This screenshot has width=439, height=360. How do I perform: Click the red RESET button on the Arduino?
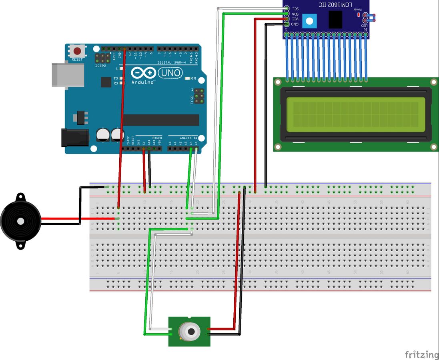tap(77, 51)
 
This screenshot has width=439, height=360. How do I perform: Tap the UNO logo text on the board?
tap(170, 73)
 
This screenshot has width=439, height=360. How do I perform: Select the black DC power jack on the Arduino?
tap(74, 137)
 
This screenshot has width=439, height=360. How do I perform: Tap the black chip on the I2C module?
tap(335, 20)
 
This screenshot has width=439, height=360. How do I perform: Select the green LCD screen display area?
tap(353, 114)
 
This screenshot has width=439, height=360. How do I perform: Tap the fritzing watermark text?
tap(421, 354)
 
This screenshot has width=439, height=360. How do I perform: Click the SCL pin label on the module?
tap(295, 8)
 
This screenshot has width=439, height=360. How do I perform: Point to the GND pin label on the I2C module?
tap(295, 24)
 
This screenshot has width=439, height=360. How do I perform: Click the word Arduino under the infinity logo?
tap(143, 82)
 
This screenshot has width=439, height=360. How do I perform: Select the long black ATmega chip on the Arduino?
tap(160, 120)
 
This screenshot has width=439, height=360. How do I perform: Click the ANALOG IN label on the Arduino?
tap(188, 138)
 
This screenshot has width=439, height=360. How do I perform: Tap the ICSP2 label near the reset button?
tap(100, 66)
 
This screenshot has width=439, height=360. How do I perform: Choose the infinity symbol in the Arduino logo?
tap(143, 73)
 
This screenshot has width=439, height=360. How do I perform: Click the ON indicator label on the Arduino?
tap(194, 78)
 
